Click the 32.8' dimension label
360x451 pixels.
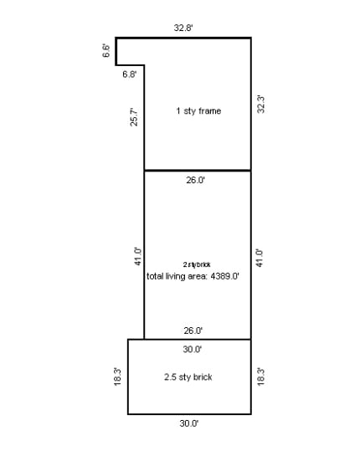(x=184, y=28)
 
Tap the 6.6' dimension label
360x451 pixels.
(x=106, y=51)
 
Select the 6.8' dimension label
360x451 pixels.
(x=130, y=74)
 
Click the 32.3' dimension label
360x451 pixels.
(x=261, y=105)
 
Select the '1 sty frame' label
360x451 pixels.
(x=198, y=111)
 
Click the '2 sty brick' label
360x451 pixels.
(x=197, y=264)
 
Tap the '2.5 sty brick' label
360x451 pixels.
(x=188, y=377)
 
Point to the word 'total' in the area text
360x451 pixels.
(x=155, y=275)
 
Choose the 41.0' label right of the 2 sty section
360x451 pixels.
(x=260, y=256)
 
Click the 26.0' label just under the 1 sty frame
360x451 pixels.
(x=194, y=180)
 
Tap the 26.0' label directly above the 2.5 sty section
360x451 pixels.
(x=193, y=331)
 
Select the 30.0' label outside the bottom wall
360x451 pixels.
(x=189, y=423)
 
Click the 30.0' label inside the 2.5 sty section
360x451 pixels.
(x=192, y=348)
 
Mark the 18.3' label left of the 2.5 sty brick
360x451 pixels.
(x=118, y=377)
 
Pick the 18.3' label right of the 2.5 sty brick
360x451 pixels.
(x=260, y=377)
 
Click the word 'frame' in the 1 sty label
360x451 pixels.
(x=209, y=111)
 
